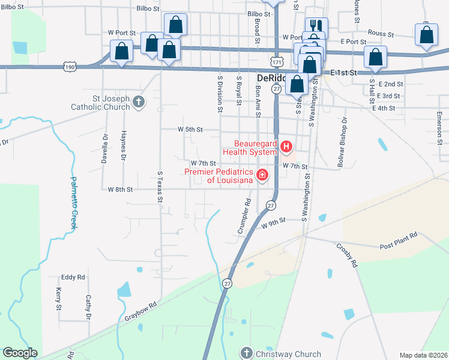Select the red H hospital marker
coord(286,146)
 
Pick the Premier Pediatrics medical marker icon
coord(262,175)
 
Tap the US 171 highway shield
coord(276,62)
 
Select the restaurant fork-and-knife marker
coord(316,26)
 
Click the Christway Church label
coord(288,354)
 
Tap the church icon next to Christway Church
coord(246,353)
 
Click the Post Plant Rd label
coord(399,242)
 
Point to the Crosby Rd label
coord(346,254)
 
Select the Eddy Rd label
coord(73,277)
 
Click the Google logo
coord(20,353)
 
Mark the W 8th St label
coord(120,189)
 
